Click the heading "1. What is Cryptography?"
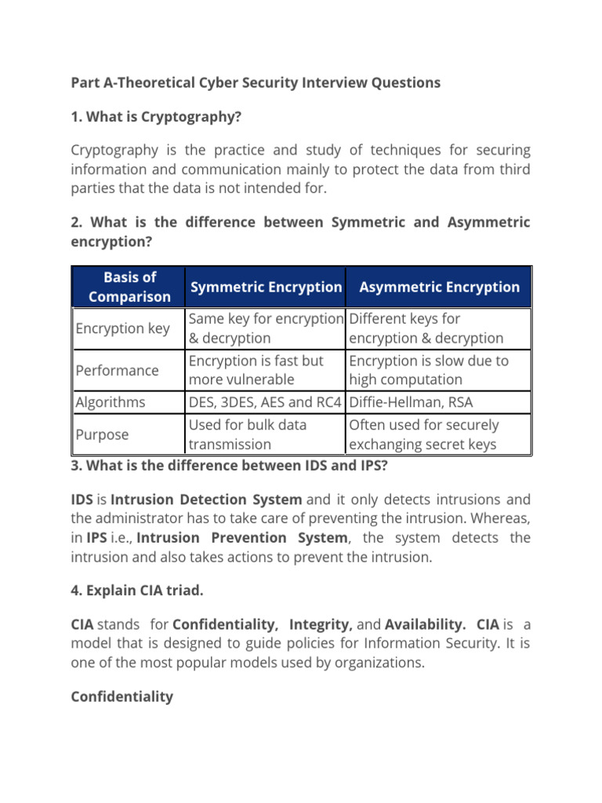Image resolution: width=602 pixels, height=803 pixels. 156,117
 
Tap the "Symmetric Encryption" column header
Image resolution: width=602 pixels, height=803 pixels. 266,287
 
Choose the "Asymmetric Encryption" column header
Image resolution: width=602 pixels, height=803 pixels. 439,287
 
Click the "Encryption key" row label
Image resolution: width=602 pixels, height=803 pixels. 122,329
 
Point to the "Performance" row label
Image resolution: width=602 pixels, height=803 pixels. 117,370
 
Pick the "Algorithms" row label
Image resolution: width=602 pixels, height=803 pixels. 111,402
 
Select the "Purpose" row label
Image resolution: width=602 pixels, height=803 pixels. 102,434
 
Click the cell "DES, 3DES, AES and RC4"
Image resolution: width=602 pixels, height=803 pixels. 266,402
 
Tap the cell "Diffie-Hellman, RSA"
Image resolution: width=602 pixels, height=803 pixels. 411,402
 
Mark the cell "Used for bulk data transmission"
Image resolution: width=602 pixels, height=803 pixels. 248,434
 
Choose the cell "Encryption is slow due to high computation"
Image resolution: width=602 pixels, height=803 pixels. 428,370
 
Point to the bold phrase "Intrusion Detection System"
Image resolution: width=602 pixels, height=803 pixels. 206,500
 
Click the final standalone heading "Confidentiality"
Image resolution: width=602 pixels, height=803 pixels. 121,696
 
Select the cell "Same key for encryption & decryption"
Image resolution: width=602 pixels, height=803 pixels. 266,329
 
